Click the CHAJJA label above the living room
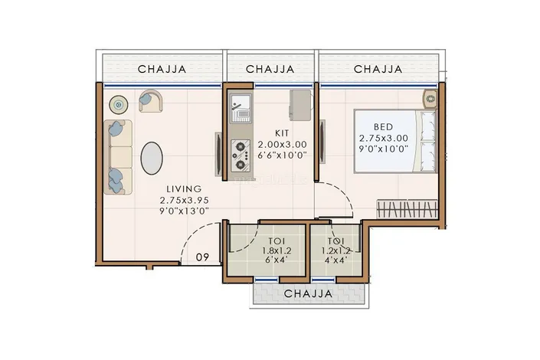point(162,69)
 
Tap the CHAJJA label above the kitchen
point(270,69)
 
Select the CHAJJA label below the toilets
point(309,294)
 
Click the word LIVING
point(184,188)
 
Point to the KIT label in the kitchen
point(282,133)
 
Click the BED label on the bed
point(383,127)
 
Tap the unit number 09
point(202,257)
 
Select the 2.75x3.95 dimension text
point(185,200)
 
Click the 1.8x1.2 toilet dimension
point(277,250)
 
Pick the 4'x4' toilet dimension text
point(335,260)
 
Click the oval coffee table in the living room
point(152,158)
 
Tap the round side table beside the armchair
point(119,104)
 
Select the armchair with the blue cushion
point(150,100)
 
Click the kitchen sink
point(241,108)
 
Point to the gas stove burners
point(241,155)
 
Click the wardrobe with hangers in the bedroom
point(407,209)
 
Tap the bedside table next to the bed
point(430,100)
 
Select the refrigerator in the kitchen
point(301,105)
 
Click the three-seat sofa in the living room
point(118,157)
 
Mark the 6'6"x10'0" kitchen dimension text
point(282,155)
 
